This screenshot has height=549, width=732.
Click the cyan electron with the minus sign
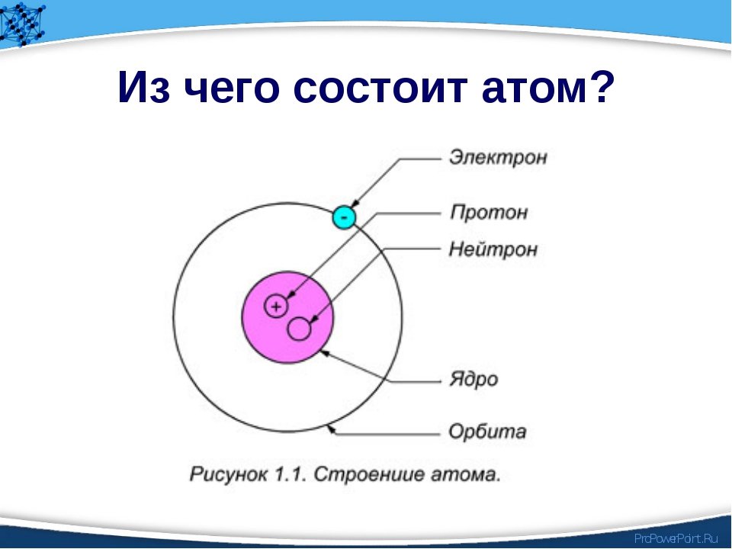point(344,217)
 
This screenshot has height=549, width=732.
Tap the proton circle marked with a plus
point(276,307)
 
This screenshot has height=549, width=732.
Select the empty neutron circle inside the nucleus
point(299,329)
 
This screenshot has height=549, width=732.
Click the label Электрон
point(498,157)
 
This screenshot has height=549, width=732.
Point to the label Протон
point(489,213)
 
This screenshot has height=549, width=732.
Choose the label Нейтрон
point(493,249)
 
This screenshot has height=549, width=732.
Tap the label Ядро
point(474,379)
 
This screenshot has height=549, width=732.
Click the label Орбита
point(487,431)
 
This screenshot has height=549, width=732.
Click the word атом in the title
point(533,87)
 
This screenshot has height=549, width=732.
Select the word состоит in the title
point(380,87)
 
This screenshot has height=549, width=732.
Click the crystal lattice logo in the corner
point(21,24)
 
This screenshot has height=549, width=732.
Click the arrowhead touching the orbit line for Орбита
point(330,429)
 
